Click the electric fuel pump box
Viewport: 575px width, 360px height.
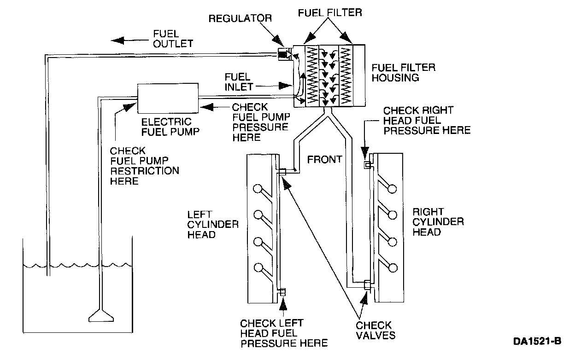point(168,98)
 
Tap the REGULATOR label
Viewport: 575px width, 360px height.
point(240,19)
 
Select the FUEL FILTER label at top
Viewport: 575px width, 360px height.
point(329,12)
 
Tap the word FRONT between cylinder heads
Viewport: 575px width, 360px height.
point(325,159)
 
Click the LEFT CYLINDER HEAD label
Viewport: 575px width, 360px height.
point(213,224)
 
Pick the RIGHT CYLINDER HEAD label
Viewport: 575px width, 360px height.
point(438,222)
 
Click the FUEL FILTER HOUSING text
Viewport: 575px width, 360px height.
point(403,73)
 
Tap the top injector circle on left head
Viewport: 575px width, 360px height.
point(258,189)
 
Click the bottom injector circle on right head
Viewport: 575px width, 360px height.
point(393,267)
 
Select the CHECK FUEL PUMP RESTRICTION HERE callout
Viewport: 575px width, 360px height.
point(144,166)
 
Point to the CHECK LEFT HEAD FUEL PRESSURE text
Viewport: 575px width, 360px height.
point(283,332)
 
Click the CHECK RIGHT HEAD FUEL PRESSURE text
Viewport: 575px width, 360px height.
point(427,120)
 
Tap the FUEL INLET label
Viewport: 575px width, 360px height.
point(237,81)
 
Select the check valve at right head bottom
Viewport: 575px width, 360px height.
point(367,285)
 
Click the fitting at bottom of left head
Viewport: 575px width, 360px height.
point(283,292)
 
